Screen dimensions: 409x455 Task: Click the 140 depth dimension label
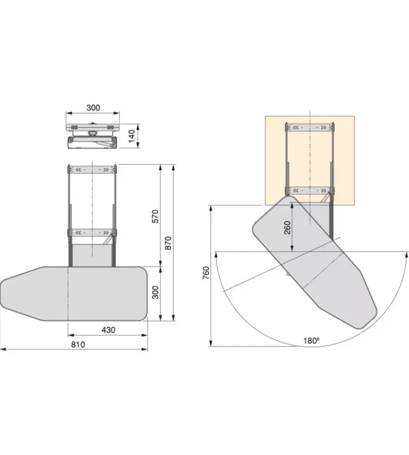pos(132,136)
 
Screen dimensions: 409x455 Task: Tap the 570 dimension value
pos(155,216)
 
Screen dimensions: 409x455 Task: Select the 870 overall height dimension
pos(168,243)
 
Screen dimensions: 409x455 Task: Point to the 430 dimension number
pos(109,330)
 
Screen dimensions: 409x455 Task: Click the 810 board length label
pos(78,344)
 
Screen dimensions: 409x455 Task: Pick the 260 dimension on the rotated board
pos(287,228)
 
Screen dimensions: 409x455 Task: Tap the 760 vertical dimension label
pos(205,273)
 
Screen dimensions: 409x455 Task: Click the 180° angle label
pos(311,340)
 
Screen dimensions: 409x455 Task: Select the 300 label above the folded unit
pos(93,108)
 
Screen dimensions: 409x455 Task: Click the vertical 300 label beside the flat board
pos(155,293)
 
